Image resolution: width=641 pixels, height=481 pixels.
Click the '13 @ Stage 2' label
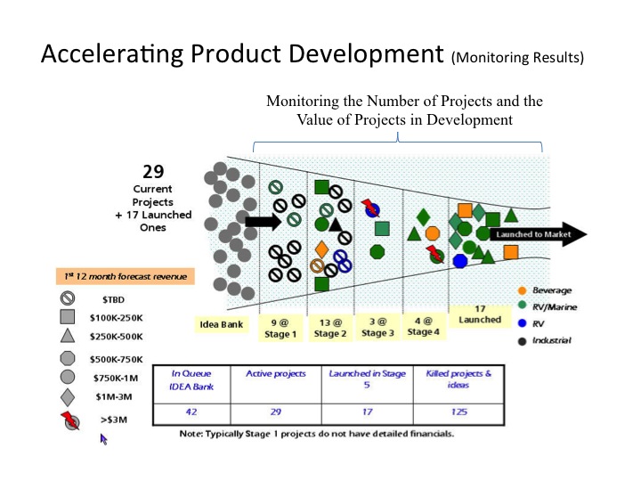[329, 327]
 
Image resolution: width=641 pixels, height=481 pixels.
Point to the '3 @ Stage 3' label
[377, 327]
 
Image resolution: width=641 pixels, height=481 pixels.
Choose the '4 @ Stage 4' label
[423, 326]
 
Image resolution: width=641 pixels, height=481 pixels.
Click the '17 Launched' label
[481, 314]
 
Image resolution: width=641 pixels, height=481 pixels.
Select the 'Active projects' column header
[276, 374]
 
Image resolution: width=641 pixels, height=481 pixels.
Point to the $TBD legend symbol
[68, 299]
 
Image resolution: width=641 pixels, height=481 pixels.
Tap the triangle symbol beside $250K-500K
[68, 336]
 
